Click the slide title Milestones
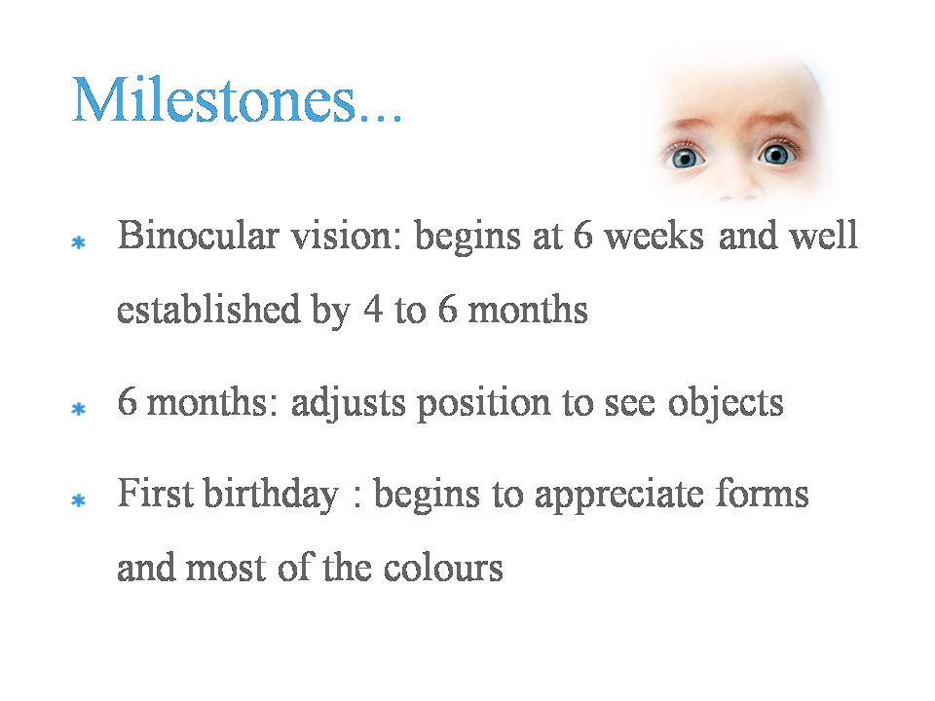pos(237,99)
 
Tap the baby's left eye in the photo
pos(776,155)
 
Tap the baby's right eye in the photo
pos(685,158)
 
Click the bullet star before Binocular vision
pos(79,242)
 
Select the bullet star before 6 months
pos(79,410)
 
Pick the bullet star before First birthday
pos(79,500)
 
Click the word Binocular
pos(198,235)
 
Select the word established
pos(208,309)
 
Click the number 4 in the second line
pos(373,309)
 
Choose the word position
pos(484,404)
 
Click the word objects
pos(725,403)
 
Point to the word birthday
pos(272,495)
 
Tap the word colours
pos(443,568)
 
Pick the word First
pos(155,494)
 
